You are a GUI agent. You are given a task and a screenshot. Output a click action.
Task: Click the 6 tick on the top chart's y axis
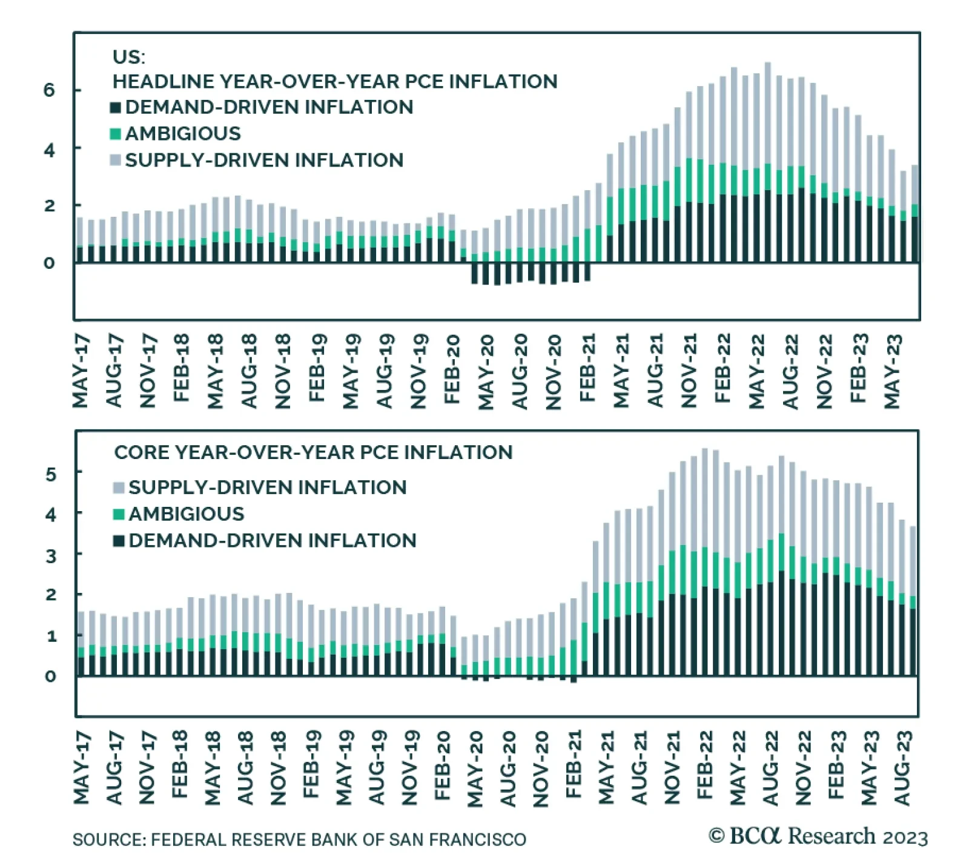pyautogui.click(x=48, y=90)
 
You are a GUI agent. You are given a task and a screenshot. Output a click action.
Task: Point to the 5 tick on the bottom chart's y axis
pyautogui.click(x=51, y=474)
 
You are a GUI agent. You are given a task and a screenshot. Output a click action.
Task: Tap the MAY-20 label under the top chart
pyautogui.click(x=486, y=372)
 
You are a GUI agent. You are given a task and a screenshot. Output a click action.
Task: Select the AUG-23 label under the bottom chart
pyautogui.click(x=902, y=768)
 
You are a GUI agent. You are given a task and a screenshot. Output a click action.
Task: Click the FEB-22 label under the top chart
pyautogui.click(x=723, y=368)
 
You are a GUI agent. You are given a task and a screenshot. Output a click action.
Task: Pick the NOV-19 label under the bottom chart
pyautogui.click(x=411, y=768)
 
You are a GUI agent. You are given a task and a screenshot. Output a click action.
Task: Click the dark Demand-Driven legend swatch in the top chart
pyautogui.click(x=115, y=108)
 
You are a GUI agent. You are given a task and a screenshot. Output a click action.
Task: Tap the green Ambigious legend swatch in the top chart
pyautogui.click(x=115, y=134)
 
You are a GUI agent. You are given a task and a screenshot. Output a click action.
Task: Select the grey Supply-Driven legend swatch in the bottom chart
pyautogui.click(x=119, y=488)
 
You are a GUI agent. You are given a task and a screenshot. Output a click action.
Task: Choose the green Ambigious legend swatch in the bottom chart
pyautogui.click(x=119, y=514)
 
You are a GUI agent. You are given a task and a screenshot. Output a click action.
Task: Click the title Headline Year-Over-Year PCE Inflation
pyautogui.click(x=335, y=82)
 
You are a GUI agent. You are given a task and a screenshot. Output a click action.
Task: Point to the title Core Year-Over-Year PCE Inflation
pyautogui.click(x=313, y=452)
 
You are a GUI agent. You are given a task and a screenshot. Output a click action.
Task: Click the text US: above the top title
pyautogui.click(x=128, y=57)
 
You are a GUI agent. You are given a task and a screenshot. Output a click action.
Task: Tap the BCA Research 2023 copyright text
pyautogui.click(x=818, y=837)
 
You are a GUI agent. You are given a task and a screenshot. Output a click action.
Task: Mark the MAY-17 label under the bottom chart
pyautogui.click(x=82, y=768)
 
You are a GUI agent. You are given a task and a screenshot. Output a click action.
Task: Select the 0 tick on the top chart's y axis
pyautogui.click(x=48, y=263)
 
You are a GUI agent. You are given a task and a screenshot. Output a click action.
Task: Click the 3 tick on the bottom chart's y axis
pyautogui.click(x=51, y=555)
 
